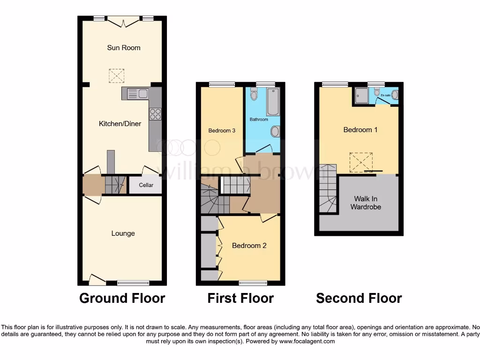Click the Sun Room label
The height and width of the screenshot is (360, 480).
[x=123, y=48]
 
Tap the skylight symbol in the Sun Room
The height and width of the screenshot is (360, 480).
[x=116, y=75]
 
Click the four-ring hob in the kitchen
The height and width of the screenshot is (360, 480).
[x=155, y=114]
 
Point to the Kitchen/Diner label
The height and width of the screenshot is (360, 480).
[x=120, y=124]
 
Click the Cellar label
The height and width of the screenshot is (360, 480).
[x=146, y=185]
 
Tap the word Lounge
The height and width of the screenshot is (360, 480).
[x=123, y=233]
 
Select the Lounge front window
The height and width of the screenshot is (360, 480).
[x=133, y=283]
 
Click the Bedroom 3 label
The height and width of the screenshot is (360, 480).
[x=222, y=130]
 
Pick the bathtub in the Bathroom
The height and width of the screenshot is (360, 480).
[x=273, y=102]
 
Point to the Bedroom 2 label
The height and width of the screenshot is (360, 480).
[x=249, y=246]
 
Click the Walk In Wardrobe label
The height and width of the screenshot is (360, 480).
[x=366, y=202]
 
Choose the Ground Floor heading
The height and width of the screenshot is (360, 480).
[x=122, y=298]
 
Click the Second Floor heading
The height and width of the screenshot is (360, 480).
[x=359, y=298]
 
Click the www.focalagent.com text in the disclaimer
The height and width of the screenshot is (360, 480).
[x=307, y=342]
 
